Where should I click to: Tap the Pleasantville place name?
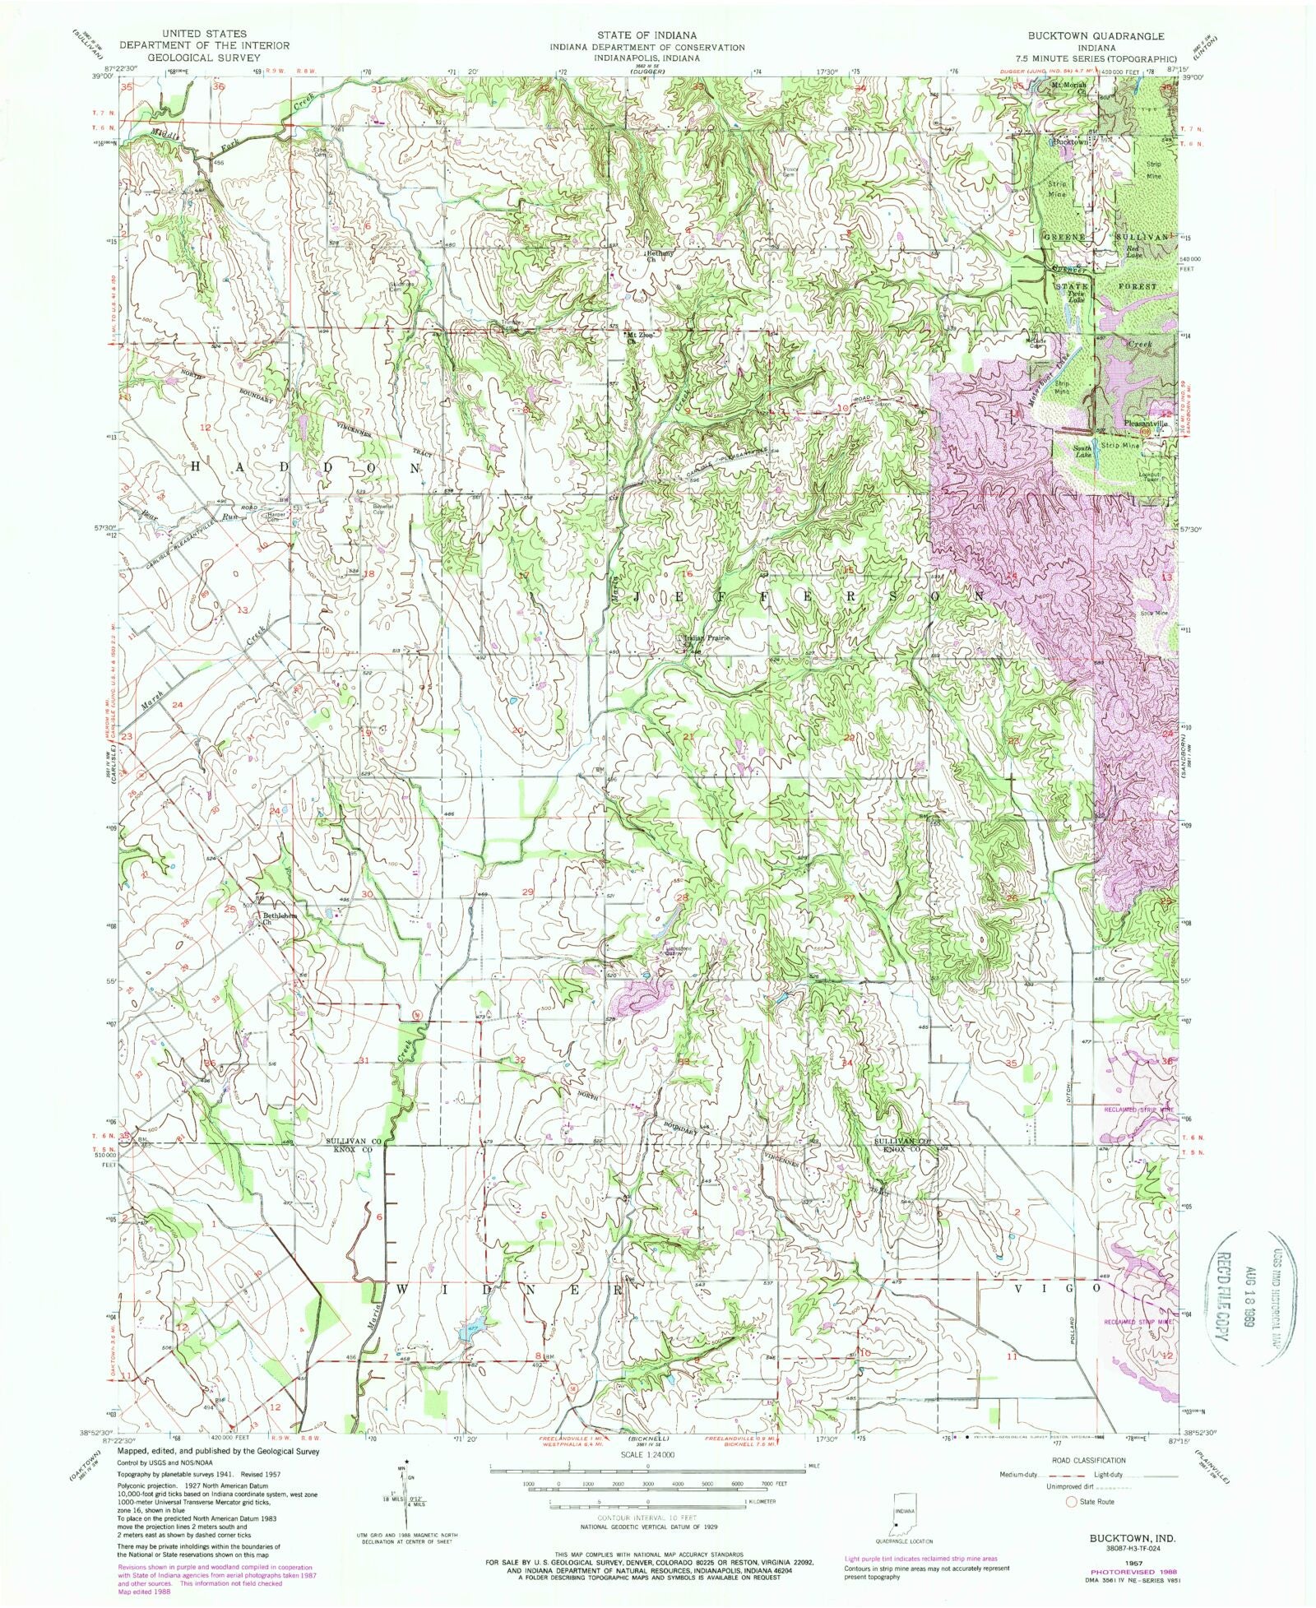click(x=1147, y=423)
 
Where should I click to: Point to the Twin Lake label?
click(x=1076, y=298)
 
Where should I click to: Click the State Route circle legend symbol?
click(x=1072, y=1502)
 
